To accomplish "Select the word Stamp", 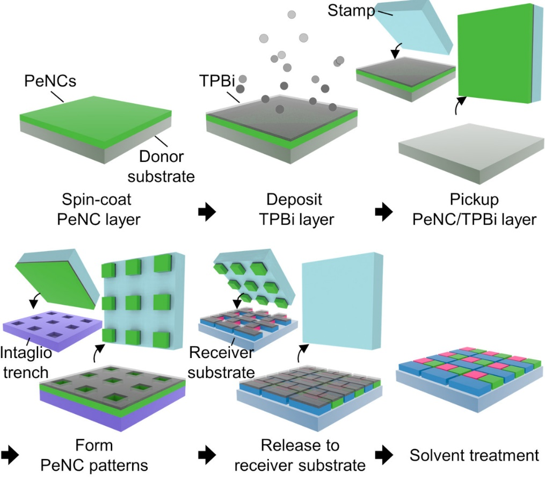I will [x=351, y=11].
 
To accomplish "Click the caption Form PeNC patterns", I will [x=94, y=455].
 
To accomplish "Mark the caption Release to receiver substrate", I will [x=300, y=455].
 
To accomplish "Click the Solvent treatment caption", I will [x=474, y=455].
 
